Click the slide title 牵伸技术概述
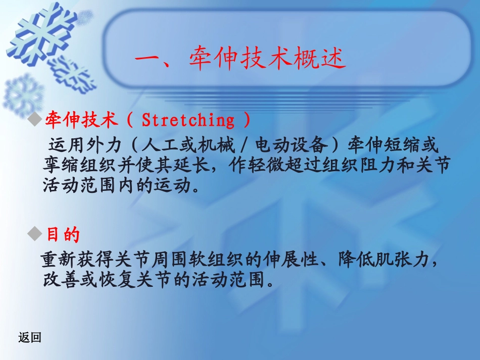point(267,60)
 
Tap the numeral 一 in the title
point(148,60)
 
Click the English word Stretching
point(188,120)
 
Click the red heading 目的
point(63,234)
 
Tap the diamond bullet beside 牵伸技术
point(35,120)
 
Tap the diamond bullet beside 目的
point(35,233)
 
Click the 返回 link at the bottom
point(29,338)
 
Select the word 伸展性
point(292,261)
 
